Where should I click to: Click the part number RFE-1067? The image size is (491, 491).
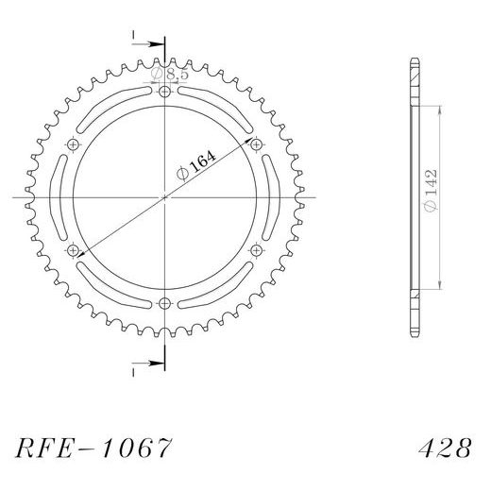[x=93, y=445]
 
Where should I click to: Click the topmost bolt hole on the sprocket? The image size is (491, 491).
[x=165, y=92]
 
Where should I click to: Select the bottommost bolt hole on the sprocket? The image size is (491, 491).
[x=165, y=303]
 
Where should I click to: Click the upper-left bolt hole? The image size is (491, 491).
[x=74, y=144]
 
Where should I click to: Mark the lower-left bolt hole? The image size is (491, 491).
[x=74, y=250]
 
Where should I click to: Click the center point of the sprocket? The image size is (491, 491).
[x=165, y=197]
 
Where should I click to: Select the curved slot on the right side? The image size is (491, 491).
[x=273, y=197]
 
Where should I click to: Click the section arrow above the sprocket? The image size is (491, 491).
[x=142, y=42]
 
